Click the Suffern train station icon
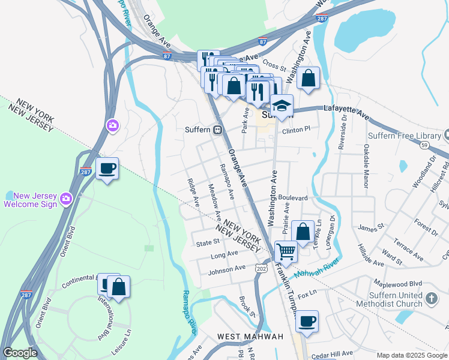218,130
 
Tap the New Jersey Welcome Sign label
30,200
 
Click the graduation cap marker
281,106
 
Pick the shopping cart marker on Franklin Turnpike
286,251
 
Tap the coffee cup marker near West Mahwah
307,321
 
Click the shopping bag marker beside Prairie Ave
303,231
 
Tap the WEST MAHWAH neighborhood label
250,337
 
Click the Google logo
20,353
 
